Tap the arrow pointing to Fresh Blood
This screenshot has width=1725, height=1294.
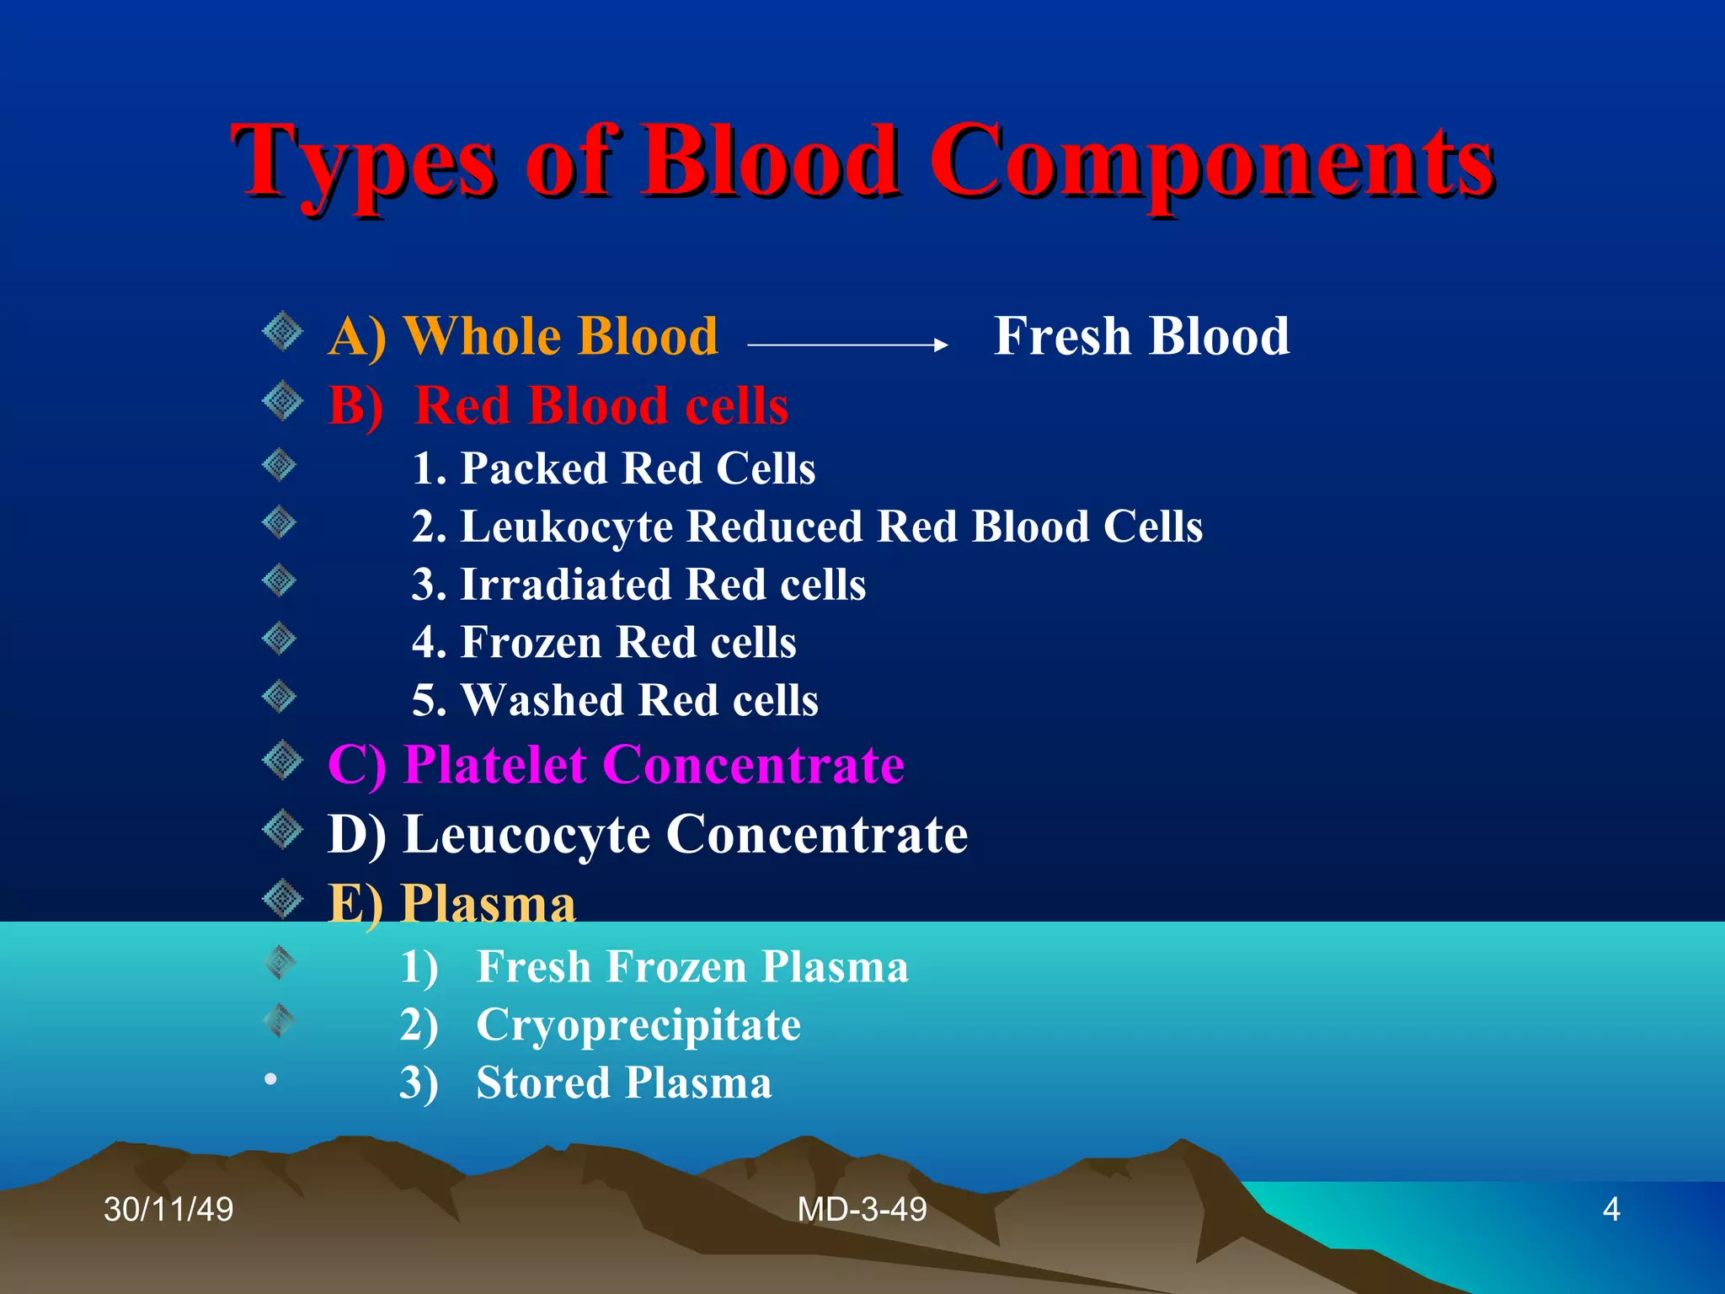847,345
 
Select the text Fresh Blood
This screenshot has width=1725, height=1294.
1141,336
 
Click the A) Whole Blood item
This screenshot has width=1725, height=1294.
523,337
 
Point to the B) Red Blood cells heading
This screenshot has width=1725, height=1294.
558,406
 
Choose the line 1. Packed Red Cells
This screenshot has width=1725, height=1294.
613,468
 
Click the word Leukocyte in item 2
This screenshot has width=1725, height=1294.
566,527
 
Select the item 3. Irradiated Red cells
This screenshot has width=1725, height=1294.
638,585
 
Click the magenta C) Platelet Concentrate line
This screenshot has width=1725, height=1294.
616,765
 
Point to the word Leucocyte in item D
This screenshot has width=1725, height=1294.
526,835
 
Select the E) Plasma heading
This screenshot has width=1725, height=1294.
451,904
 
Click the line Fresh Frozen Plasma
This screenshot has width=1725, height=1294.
692,966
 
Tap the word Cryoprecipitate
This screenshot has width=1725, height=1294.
638,1025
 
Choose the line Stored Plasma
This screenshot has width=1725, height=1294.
623,1083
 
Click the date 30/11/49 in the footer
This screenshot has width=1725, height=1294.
168,1210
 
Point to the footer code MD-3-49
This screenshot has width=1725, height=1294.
862,1210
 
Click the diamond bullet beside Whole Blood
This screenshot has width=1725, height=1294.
282,332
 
